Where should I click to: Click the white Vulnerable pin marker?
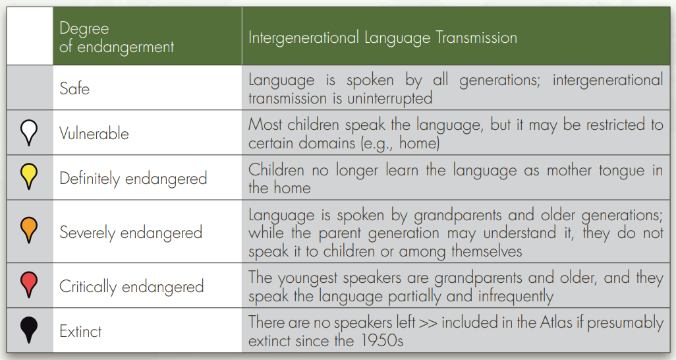point(29,132)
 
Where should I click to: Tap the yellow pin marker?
point(29,176)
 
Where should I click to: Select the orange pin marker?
point(29,230)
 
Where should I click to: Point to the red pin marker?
point(29,284)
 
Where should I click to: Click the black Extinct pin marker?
point(29,330)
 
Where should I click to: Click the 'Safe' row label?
point(74,88)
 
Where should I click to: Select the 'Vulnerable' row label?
point(94,133)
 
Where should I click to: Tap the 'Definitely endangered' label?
point(133,179)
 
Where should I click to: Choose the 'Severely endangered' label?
point(130,233)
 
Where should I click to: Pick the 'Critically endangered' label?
point(132,287)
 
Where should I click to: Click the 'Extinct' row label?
point(80,332)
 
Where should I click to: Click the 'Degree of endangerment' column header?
point(117,38)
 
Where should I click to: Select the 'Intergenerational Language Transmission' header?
point(382,38)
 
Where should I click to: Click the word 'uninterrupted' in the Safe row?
point(390,98)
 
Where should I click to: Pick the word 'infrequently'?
point(515,297)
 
